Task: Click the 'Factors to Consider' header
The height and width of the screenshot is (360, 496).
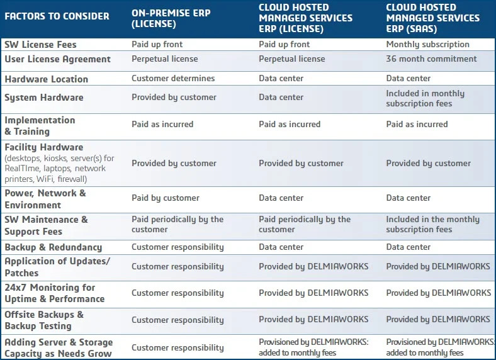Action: click(x=57, y=16)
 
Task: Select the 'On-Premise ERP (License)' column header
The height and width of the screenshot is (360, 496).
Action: click(x=171, y=17)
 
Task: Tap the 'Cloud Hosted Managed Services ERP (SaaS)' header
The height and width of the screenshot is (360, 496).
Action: click(x=432, y=18)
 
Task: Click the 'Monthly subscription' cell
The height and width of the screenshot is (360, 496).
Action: click(x=427, y=45)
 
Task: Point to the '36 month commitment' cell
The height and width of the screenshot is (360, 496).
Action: click(x=431, y=59)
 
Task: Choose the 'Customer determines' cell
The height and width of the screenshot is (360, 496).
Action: click(x=173, y=79)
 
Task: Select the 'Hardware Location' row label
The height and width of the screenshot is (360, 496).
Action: click(x=46, y=79)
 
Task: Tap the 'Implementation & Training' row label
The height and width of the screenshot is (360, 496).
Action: click(x=40, y=125)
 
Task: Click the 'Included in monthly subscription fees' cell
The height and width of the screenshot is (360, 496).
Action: click(x=426, y=98)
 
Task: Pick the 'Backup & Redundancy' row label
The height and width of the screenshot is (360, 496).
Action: click(x=53, y=247)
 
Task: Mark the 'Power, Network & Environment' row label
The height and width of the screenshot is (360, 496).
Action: click(x=45, y=199)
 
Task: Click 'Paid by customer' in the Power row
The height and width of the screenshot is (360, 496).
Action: click(x=165, y=198)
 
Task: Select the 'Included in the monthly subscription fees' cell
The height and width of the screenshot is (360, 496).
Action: click(x=432, y=224)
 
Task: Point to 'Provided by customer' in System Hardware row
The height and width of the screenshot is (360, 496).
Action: click(x=174, y=98)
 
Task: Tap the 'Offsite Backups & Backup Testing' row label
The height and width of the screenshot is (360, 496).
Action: click(x=44, y=320)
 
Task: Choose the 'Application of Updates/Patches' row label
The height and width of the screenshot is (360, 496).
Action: click(x=57, y=267)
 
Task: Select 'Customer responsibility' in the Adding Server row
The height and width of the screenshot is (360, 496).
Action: click(x=178, y=347)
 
